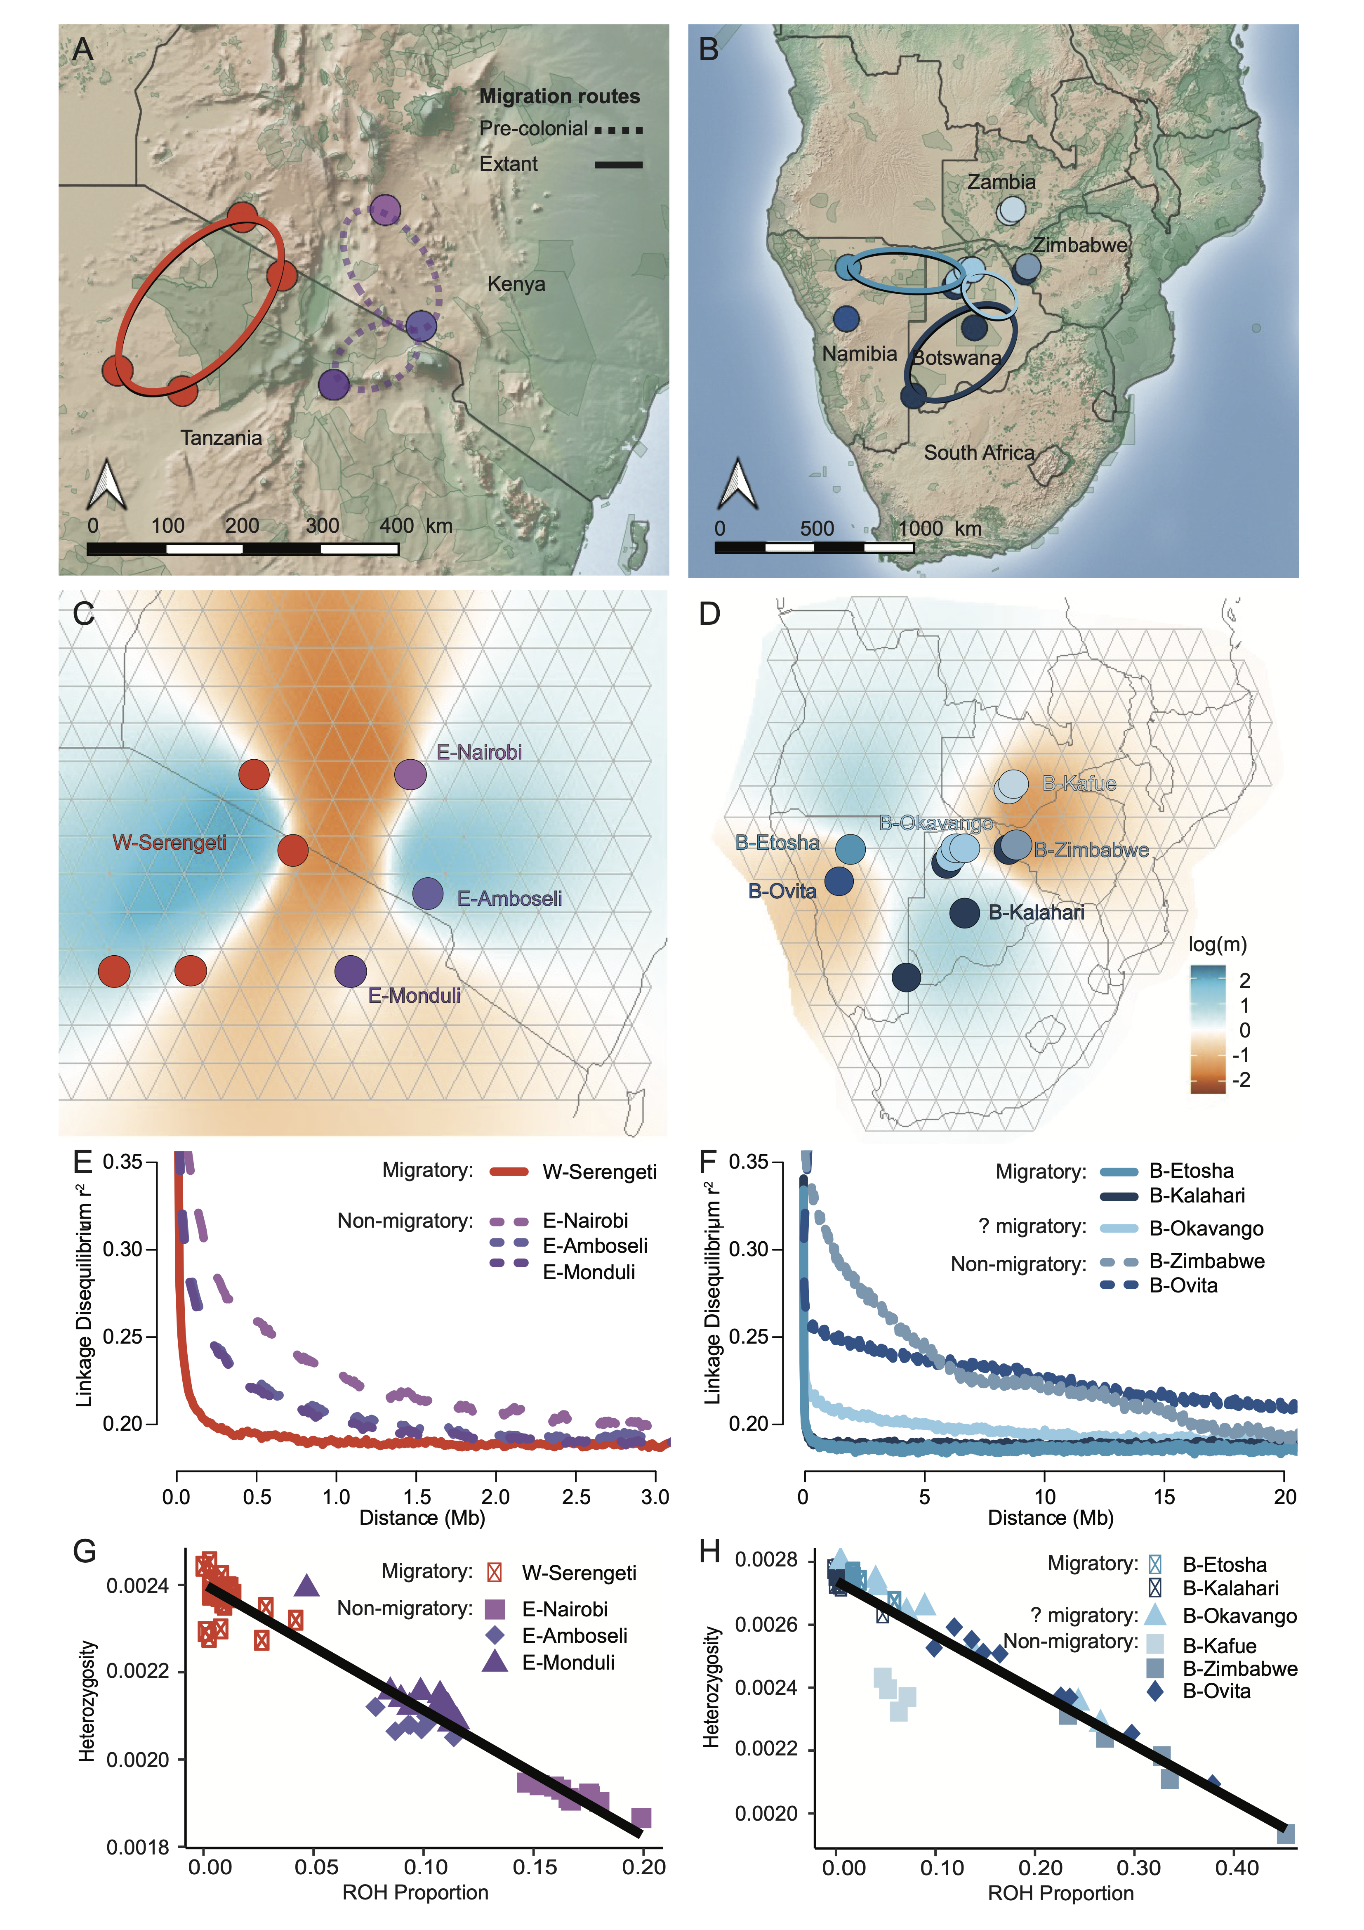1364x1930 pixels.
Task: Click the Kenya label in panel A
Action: pos(516,284)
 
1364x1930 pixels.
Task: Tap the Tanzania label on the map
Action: pos(221,438)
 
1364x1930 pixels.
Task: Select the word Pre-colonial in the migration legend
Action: pos(533,129)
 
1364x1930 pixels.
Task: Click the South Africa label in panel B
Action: pos(979,452)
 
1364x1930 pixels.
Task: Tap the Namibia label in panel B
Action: pos(859,354)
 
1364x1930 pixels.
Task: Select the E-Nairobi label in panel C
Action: pos(479,752)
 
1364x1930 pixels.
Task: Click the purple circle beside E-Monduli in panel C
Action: pos(351,971)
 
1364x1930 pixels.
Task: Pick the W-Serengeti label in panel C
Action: pos(170,842)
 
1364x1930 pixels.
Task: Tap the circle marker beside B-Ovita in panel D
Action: pos(839,881)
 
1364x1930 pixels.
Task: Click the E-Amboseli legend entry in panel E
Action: pos(595,1246)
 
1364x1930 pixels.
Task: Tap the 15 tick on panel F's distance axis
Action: pos(1164,1497)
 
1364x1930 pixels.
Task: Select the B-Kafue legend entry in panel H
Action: pos(1218,1646)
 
